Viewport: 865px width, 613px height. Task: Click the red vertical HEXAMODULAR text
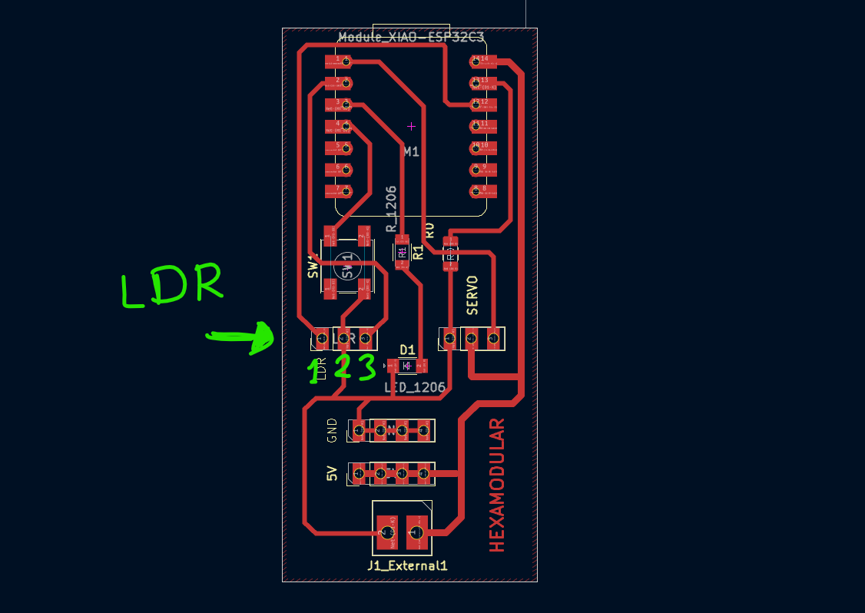click(x=498, y=485)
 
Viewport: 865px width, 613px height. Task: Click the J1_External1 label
click(x=407, y=566)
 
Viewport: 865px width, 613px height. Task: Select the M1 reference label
click(x=412, y=152)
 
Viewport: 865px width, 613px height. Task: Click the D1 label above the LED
click(x=407, y=350)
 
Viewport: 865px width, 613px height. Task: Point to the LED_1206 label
click(x=415, y=388)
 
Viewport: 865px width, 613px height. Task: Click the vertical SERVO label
click(x=472, y=295)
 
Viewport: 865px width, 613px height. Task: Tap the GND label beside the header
click(x=332, y=430)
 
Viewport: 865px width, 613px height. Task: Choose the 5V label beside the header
click(x=332, y=474)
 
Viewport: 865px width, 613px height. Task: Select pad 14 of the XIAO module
click(x=484, y=60)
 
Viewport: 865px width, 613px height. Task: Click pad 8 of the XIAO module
click(x=484, y=190)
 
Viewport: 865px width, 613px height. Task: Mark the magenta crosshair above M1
click(x=411, y=126)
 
